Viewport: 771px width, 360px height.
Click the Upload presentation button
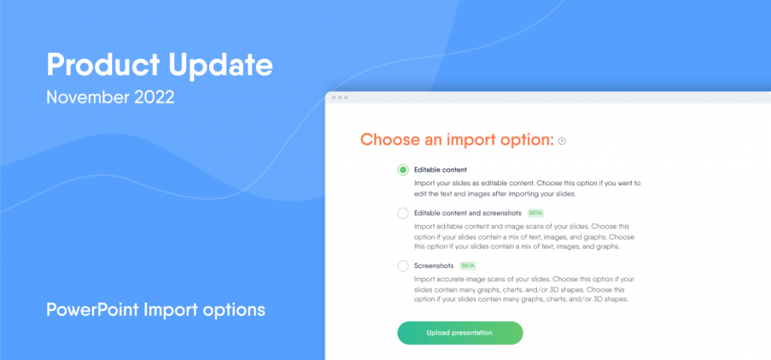point(460,333)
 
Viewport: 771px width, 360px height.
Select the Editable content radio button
point(404,170)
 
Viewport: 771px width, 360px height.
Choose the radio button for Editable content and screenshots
point(404,213)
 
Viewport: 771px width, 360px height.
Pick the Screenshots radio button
point(404,266)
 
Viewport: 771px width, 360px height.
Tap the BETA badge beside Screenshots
point(468,266)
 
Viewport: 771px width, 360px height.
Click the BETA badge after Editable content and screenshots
point(536,213)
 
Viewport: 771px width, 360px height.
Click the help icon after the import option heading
point(562,141)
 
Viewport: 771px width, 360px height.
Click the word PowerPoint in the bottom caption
point(93,310)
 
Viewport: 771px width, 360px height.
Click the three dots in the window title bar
point(340,97)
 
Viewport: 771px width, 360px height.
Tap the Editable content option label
point(440,170)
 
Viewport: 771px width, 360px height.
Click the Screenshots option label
point(434,266)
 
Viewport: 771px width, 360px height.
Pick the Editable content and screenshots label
point(468,213)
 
